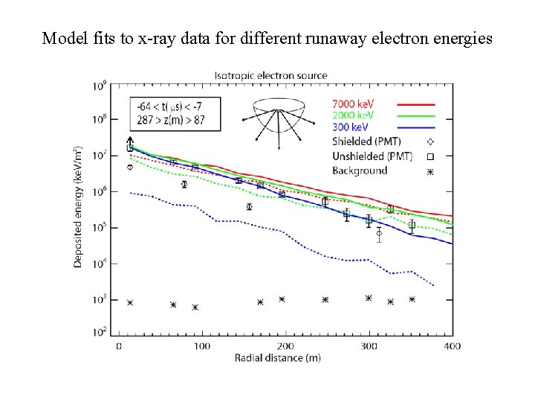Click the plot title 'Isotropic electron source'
(270, 75)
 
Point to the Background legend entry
(360, 170)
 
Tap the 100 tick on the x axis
(202, 346)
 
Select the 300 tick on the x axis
(369, 346)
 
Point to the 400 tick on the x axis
(453, 346)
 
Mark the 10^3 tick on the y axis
(99, 299)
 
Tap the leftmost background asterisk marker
(130, 303)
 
